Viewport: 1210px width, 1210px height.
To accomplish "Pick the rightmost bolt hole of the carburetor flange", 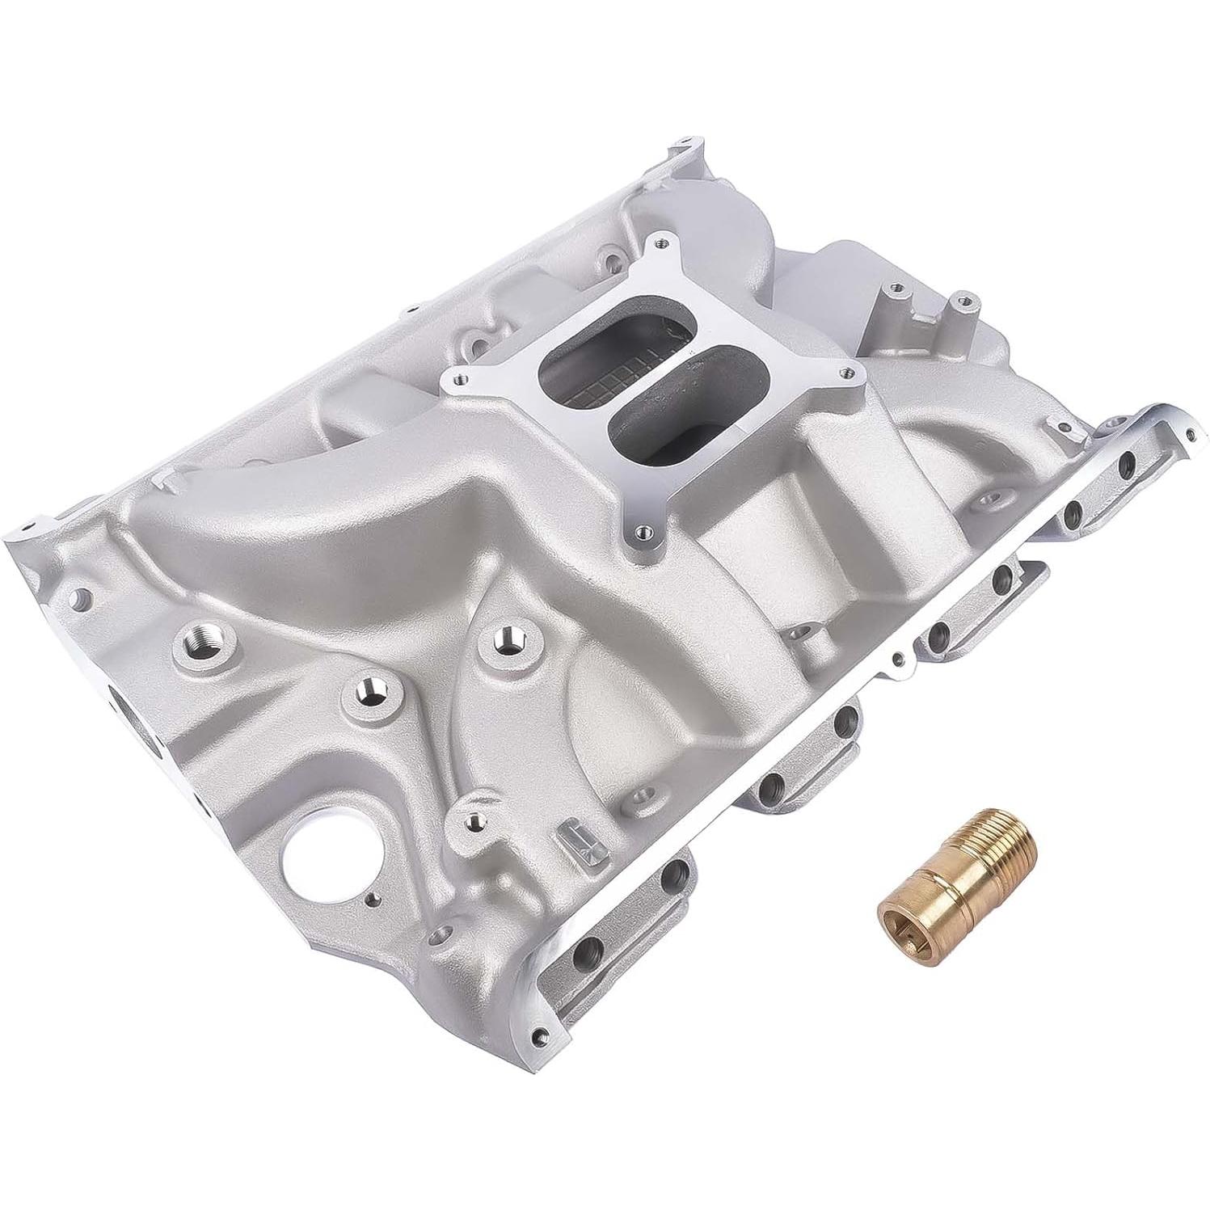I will click(845, 373).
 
